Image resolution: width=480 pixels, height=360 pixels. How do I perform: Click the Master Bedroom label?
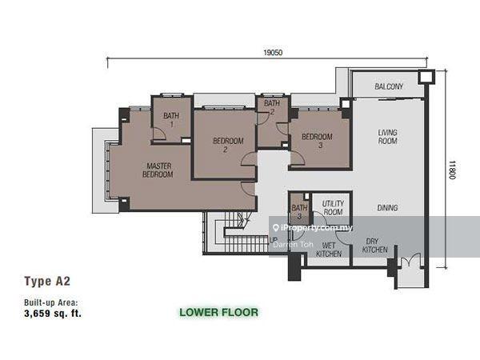(x=158, y=170)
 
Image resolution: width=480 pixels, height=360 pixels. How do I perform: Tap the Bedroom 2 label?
(x=228, y=145)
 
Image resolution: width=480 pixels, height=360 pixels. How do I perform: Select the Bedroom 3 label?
(x=317, y=141)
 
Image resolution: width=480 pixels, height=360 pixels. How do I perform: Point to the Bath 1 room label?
(x=171, y=120)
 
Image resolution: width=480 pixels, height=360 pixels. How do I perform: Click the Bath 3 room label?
(x=299, y=212)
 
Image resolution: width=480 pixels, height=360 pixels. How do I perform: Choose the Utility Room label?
(x=333, y=207)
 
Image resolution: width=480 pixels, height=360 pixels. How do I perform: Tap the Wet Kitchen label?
(x=329, y=250)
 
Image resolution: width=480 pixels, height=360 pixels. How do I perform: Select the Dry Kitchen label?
(x=374, y=246)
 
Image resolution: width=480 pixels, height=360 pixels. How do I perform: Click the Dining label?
(x=387, y=208)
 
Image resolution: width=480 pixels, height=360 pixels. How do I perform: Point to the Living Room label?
(x=387, y=137)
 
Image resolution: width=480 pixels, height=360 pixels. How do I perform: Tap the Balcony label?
(x=389, y=86)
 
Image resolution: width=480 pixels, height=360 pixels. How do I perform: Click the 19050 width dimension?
(x=273, y=53)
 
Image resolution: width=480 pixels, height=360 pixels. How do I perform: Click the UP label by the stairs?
(x=274, y=240)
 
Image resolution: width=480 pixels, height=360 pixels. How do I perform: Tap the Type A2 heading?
(x=47, y=281)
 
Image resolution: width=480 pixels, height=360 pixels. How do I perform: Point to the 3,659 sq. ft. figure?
(x=53, y=314)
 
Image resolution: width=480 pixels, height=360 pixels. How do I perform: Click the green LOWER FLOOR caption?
(x=218, y=312)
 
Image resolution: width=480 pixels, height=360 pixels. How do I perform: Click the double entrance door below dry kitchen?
(x=410, y=260)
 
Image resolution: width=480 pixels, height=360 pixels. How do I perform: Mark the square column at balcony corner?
(x=426, y=77)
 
